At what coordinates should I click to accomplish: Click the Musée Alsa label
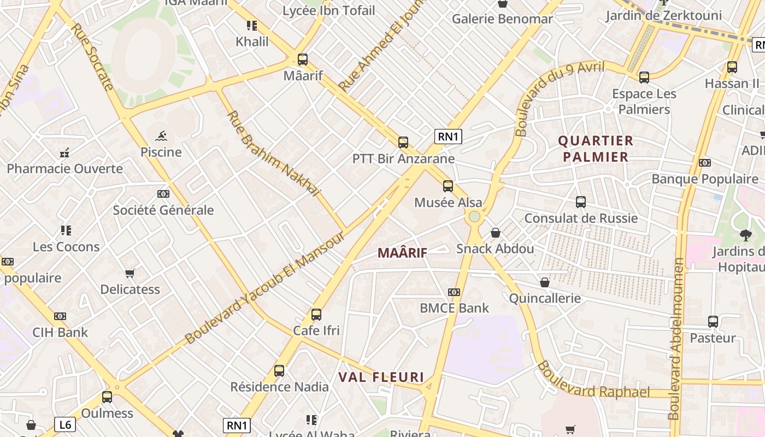(x=448, y=203)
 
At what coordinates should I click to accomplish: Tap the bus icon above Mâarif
(x=303, y=60)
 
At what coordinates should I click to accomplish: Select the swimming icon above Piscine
(x=161, y=136)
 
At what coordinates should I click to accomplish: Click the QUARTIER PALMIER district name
(x=596, y=149)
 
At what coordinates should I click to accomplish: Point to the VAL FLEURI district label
(x=381, y=377)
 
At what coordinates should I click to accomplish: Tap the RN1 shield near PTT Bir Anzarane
(x=448, y=137)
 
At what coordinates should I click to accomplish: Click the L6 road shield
(x=65, y=424)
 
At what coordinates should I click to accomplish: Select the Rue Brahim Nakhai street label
(x=273, y=153)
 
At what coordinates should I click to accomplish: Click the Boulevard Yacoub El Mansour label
(x=265, y=287)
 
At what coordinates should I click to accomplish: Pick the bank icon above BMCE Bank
(x=454, y=292)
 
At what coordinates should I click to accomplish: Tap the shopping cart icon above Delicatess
(x=130, y=273)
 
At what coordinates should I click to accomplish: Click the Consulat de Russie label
(x=581, y=218)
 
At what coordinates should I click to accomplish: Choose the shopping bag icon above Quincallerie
(x=545, y=282)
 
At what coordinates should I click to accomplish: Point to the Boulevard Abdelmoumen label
(x=676, y=339)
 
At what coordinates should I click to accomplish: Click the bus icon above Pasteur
(x=713, y=322)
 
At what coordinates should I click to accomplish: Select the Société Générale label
(x=163, y=210)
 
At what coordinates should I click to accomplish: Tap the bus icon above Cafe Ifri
(x=316, y=315)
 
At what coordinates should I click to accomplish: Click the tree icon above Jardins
(x=745, y=235)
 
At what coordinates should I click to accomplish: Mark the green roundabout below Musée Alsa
(x=474, y=216)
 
